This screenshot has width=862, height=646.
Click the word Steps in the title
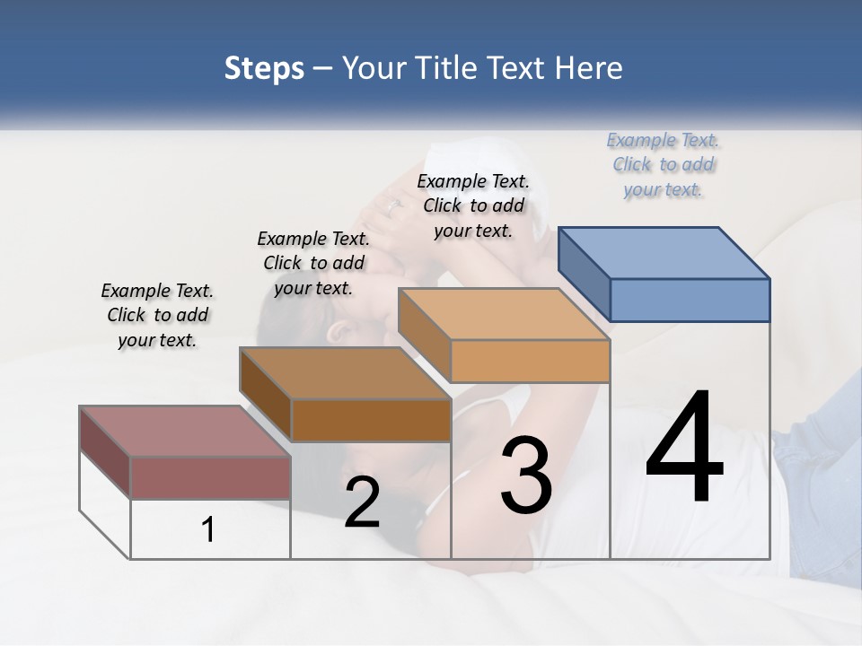[264, 68]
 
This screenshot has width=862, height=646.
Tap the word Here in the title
[588, 68]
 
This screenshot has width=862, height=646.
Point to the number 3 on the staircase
[526, 476]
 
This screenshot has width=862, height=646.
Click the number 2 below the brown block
[362, 502]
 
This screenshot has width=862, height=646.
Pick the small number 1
[208, 530]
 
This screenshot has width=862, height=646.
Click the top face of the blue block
[664, 252]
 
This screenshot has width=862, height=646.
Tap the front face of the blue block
[690, 300]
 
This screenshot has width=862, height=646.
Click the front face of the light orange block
[530, 361]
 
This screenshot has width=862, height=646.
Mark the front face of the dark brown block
[371, 420]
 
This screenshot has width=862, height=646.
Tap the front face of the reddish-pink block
[210, 477]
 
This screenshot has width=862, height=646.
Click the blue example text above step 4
[663, 164]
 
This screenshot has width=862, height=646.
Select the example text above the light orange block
[473, 205]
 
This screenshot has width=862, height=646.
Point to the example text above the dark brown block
[313, 263]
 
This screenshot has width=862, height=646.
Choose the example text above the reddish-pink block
[157, 315]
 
